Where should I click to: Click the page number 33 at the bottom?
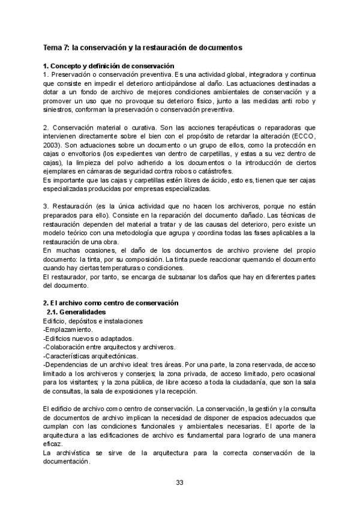(179, 482)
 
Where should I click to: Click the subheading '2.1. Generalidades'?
(76, 313)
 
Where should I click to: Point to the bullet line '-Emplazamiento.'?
(68, 330)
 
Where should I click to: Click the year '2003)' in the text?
(53, 145)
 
